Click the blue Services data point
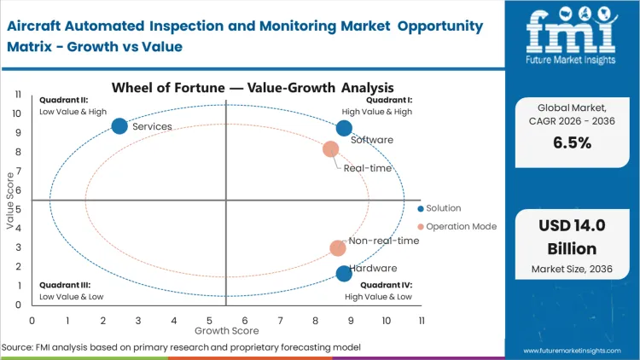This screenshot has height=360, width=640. click(x=119, y=126)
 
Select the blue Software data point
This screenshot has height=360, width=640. click(x=344, y=128)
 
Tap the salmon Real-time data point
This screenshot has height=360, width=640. click(x=331, y=149)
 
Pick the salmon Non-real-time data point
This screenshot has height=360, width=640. click(x=338, y=248)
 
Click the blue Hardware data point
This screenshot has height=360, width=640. click(x=344, y=274)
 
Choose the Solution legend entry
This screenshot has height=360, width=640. click(x=443, y=208)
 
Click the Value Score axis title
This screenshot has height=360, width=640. click(x=11, y=201)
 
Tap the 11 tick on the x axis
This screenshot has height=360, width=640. click(x=422, y=320)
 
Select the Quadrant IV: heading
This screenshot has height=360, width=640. click(x=386, y=285)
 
